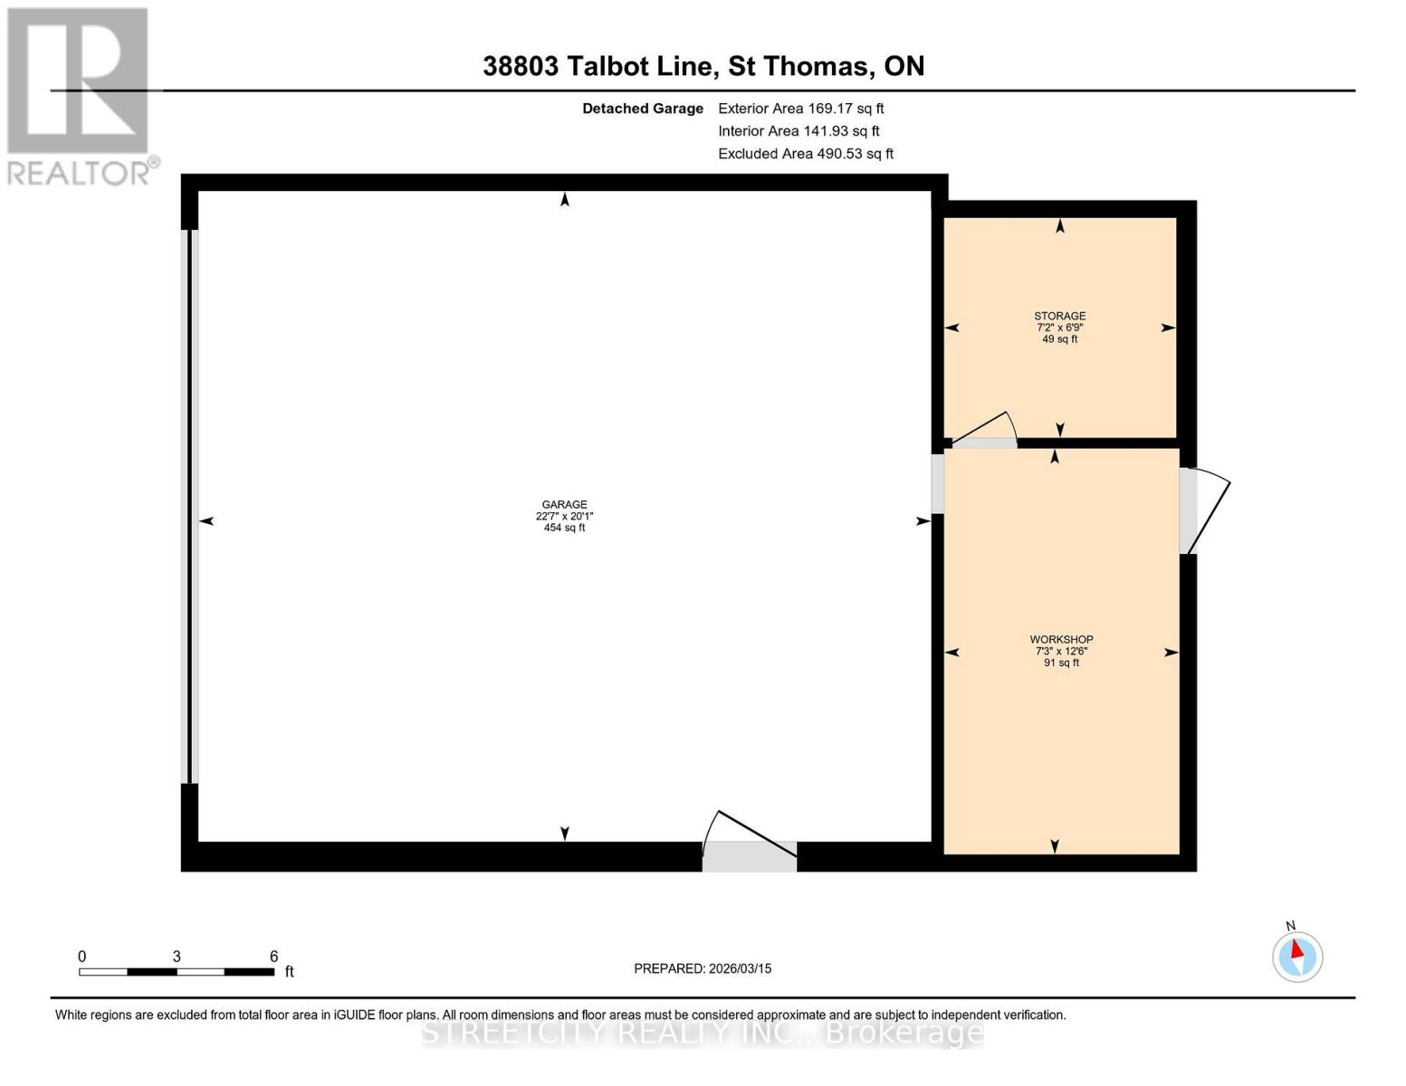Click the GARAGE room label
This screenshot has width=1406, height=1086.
point(564,505)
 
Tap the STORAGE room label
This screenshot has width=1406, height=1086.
point(1059,316)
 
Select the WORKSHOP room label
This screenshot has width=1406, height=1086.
point(1061,639)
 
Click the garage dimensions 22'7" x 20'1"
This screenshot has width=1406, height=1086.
point(564,517)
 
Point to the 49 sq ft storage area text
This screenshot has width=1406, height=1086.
point(1059,339)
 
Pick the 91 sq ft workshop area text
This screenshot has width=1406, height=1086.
point(1061,662)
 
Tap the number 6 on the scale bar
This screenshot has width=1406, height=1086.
point(273,957)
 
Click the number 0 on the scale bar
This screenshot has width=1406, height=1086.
point(82,957)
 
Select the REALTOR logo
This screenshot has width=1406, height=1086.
point(80,96)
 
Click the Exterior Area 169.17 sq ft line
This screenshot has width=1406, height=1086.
point(800,109)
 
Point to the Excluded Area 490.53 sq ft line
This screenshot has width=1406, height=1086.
point(805,154)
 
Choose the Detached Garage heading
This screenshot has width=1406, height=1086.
point(642,109)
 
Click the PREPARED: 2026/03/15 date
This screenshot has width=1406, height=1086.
point(703,968)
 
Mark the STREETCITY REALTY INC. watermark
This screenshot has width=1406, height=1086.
point(703,1033)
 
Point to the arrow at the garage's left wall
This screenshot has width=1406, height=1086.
point(206,520)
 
